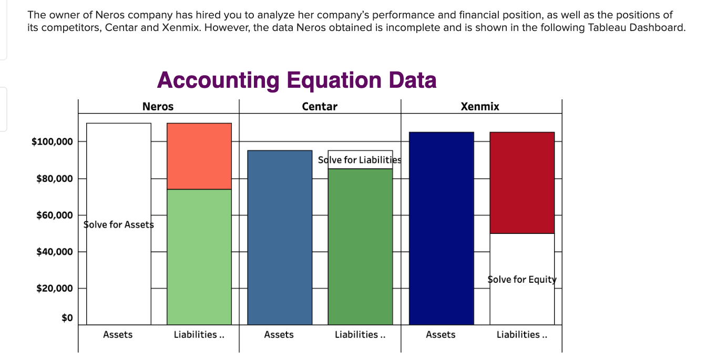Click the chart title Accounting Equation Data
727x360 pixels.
coord(296,80)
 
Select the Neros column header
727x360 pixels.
coord(158,107)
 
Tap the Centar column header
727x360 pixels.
coord(320,107)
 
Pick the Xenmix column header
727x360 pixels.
coord(480,107)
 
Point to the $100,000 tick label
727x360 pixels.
coord(52,142)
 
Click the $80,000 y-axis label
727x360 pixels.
coord(54,179)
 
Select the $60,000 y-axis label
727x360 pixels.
coord(54,215)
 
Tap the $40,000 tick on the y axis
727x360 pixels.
coord(54,252)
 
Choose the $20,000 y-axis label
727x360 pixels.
coord(54,289)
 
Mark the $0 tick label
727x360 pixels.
coord(66,318)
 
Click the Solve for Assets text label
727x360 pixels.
coord(118,225)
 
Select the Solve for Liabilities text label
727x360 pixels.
coord(360,160)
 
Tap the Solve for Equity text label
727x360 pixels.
coord(522,280)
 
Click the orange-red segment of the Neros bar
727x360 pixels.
coord(199,156)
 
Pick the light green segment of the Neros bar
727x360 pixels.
coord(199,256)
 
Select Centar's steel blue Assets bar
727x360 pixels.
coord(280,237)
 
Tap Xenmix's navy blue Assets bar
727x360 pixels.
coord(442,228)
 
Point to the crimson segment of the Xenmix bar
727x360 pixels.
coord(522,182)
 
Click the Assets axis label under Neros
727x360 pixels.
coord(118,335)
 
